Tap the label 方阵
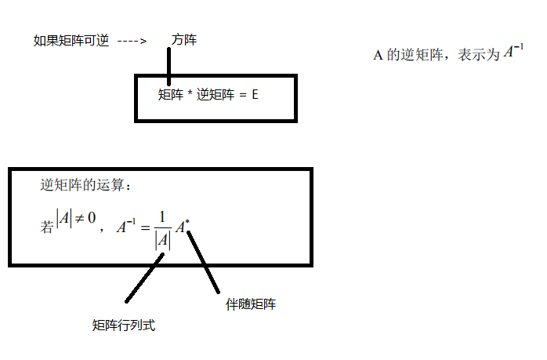click(183, 40)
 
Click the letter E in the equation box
click(255, 96)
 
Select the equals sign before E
click(242, 96)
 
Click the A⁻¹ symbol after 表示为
click(513, 53)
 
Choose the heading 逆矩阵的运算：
click(88, 187)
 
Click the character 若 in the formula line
click(47, 227)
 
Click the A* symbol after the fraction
click(182, 227)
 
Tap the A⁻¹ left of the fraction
click(125, 227)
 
